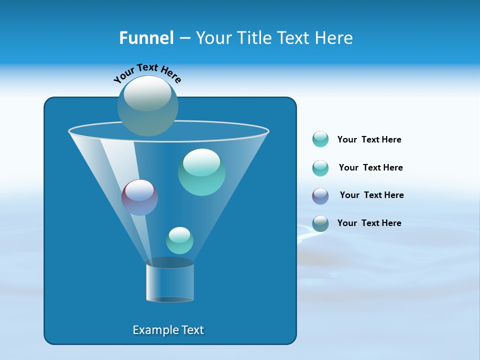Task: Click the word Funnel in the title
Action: pos(146,38)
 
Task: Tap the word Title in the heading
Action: pos(252,38)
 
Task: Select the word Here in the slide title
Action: pos(334,38)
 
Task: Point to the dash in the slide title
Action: pos(184,38)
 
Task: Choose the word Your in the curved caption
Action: pos(123,75)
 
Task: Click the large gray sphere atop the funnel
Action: pos(147,105)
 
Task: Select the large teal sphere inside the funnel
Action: pos(201,172)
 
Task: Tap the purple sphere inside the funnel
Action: pos(139,197)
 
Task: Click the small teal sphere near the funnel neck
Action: pos(179,240)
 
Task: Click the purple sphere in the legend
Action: pos(320,196)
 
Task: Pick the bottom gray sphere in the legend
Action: pos(320,223)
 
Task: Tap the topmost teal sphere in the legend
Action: pos(320,139)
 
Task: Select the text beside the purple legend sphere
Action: pos(371,195)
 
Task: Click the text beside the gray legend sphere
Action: pos(369,223)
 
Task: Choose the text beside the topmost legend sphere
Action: pos(369,139)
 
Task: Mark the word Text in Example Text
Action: pos(192,330)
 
